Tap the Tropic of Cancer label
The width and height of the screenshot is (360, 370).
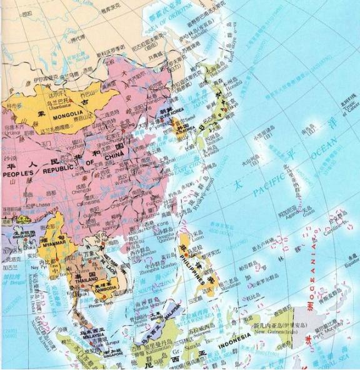click(x=346, y=109)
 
